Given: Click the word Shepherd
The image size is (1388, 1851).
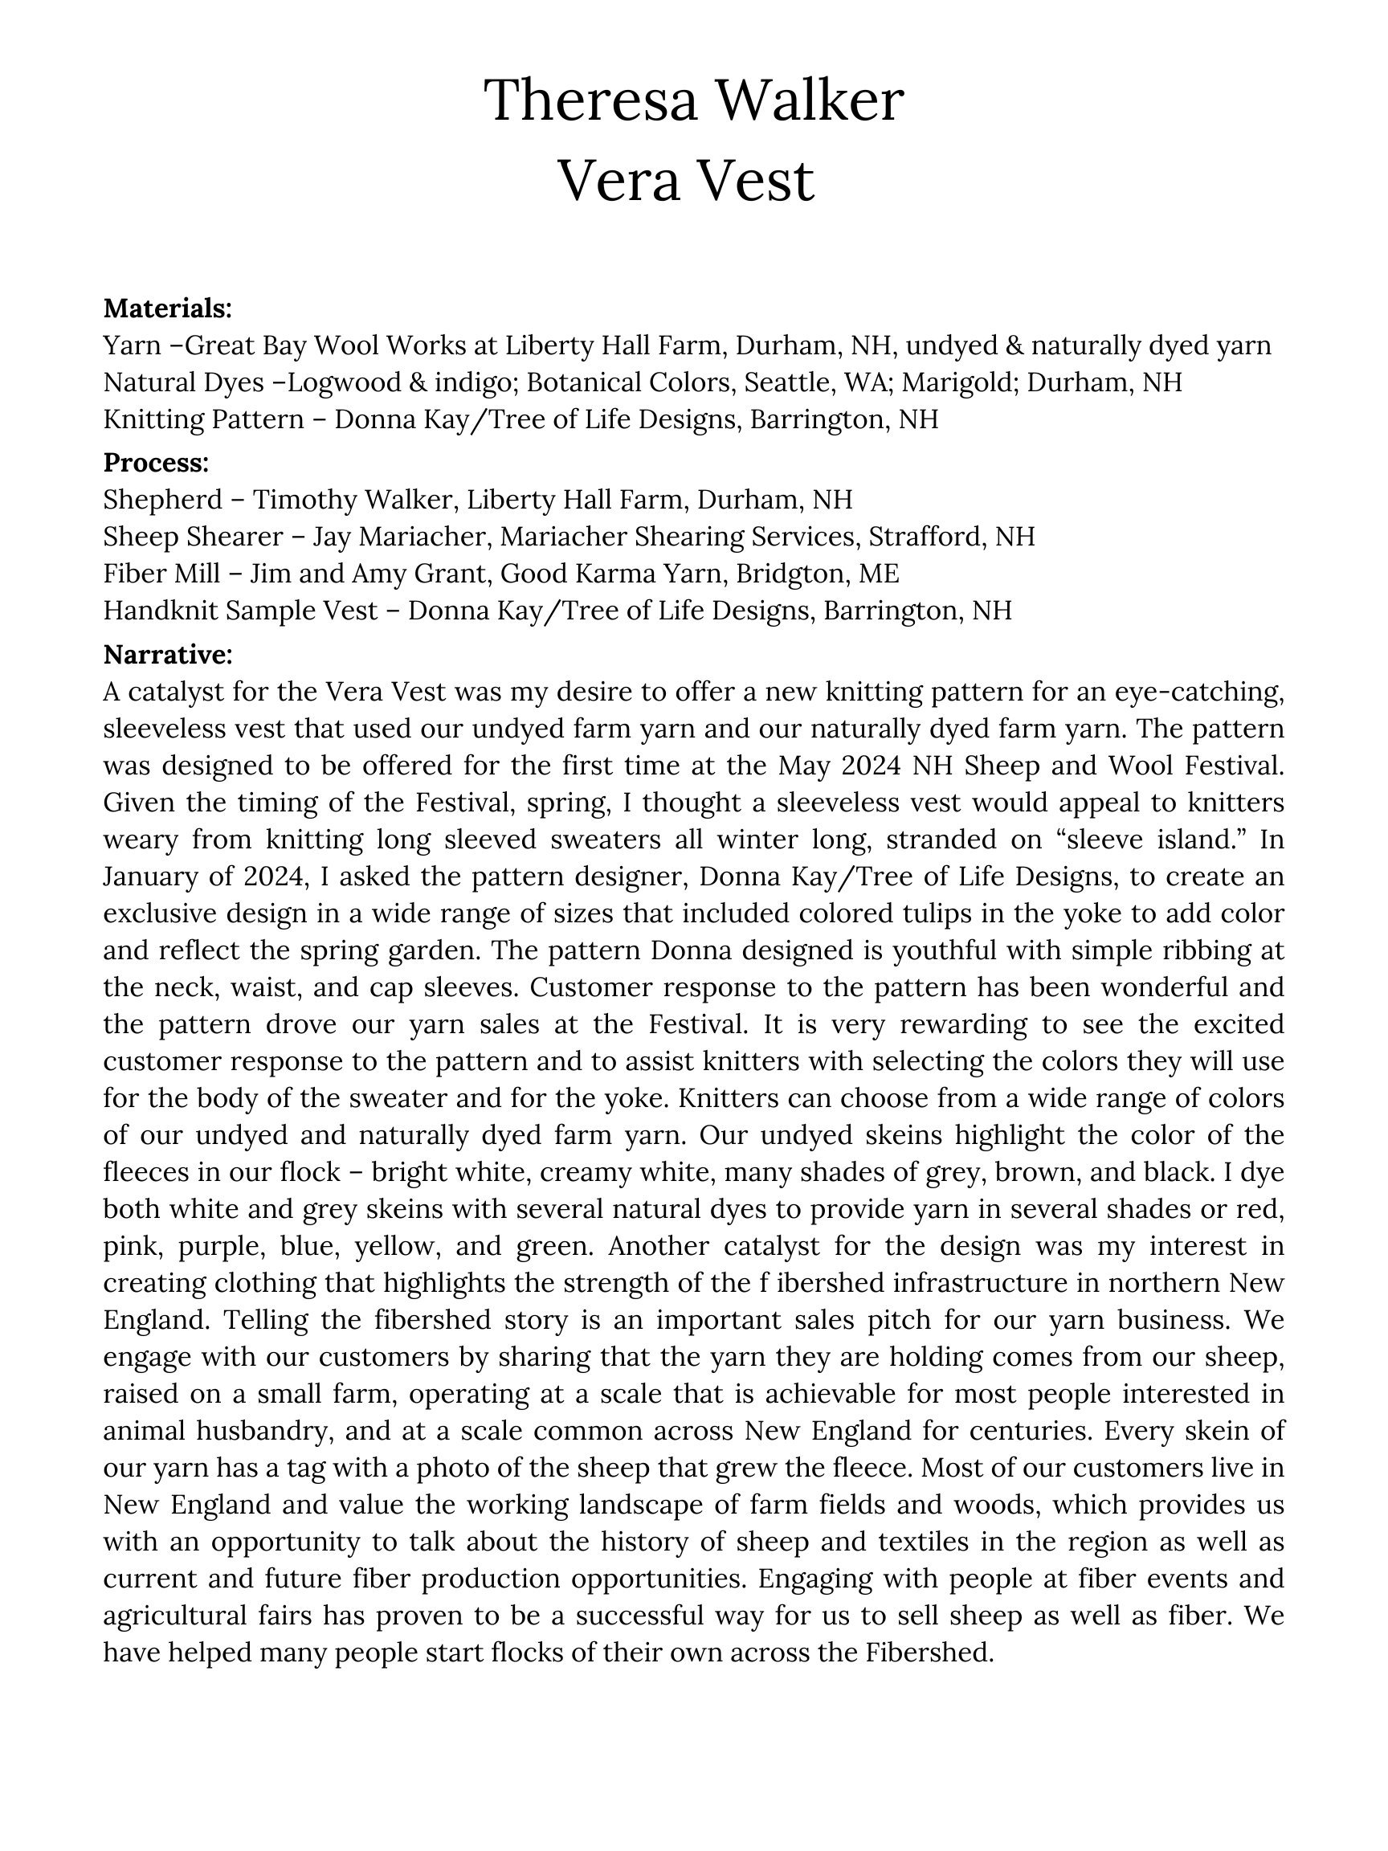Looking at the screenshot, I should (163, 500).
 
